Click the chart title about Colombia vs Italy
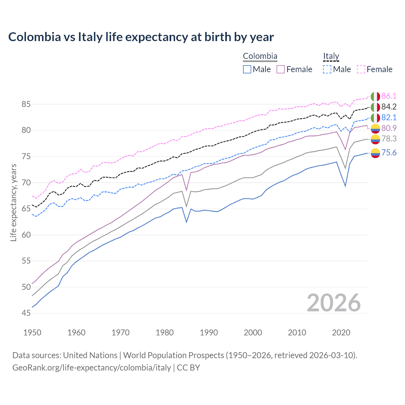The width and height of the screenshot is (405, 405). point(141,37)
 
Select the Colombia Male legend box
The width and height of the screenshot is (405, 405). point(247,69)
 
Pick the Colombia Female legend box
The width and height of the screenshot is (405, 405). point(281,69)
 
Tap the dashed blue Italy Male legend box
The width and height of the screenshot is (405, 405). point(327,69)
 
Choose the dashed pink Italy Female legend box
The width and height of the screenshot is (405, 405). point(361,69)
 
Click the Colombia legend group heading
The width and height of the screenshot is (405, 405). point(260,56)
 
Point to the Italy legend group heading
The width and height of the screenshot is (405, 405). point(331,56)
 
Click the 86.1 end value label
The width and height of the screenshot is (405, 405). point(389,96)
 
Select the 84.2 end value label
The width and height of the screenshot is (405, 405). point(389,107)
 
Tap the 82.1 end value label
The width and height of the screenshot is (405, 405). point(389,118)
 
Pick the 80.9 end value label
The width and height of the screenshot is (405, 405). point(389,128)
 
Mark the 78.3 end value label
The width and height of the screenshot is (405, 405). point(389,139)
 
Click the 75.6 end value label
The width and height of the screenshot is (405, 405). point(389,153)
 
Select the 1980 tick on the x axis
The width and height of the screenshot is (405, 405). point(165,333)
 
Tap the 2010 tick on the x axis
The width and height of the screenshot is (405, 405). point(297,333)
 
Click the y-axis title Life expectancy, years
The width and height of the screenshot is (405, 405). point(14,202)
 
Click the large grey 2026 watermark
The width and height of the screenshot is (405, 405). point(334,303)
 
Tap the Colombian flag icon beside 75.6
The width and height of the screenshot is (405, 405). point(375,153)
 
